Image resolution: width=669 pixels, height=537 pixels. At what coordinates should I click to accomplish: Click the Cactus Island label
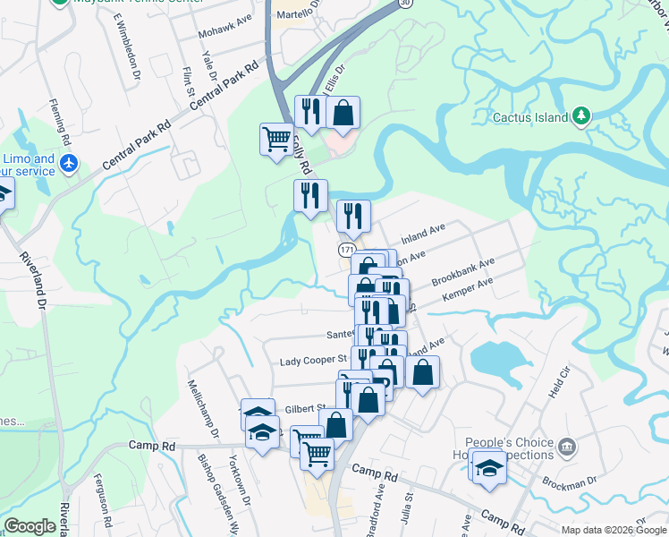tap(530, 117)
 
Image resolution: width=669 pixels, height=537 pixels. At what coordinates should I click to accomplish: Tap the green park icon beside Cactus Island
tap(581, 116)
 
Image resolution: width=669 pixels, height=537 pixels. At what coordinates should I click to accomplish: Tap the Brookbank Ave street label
tap(462, 273)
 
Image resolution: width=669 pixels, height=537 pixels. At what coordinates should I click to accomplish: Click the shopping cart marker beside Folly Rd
tap(276, 139)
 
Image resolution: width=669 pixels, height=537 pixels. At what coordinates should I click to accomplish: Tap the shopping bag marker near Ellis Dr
tap(343, 113)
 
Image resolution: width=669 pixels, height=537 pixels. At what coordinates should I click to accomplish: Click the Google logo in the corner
tap(30, 526)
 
